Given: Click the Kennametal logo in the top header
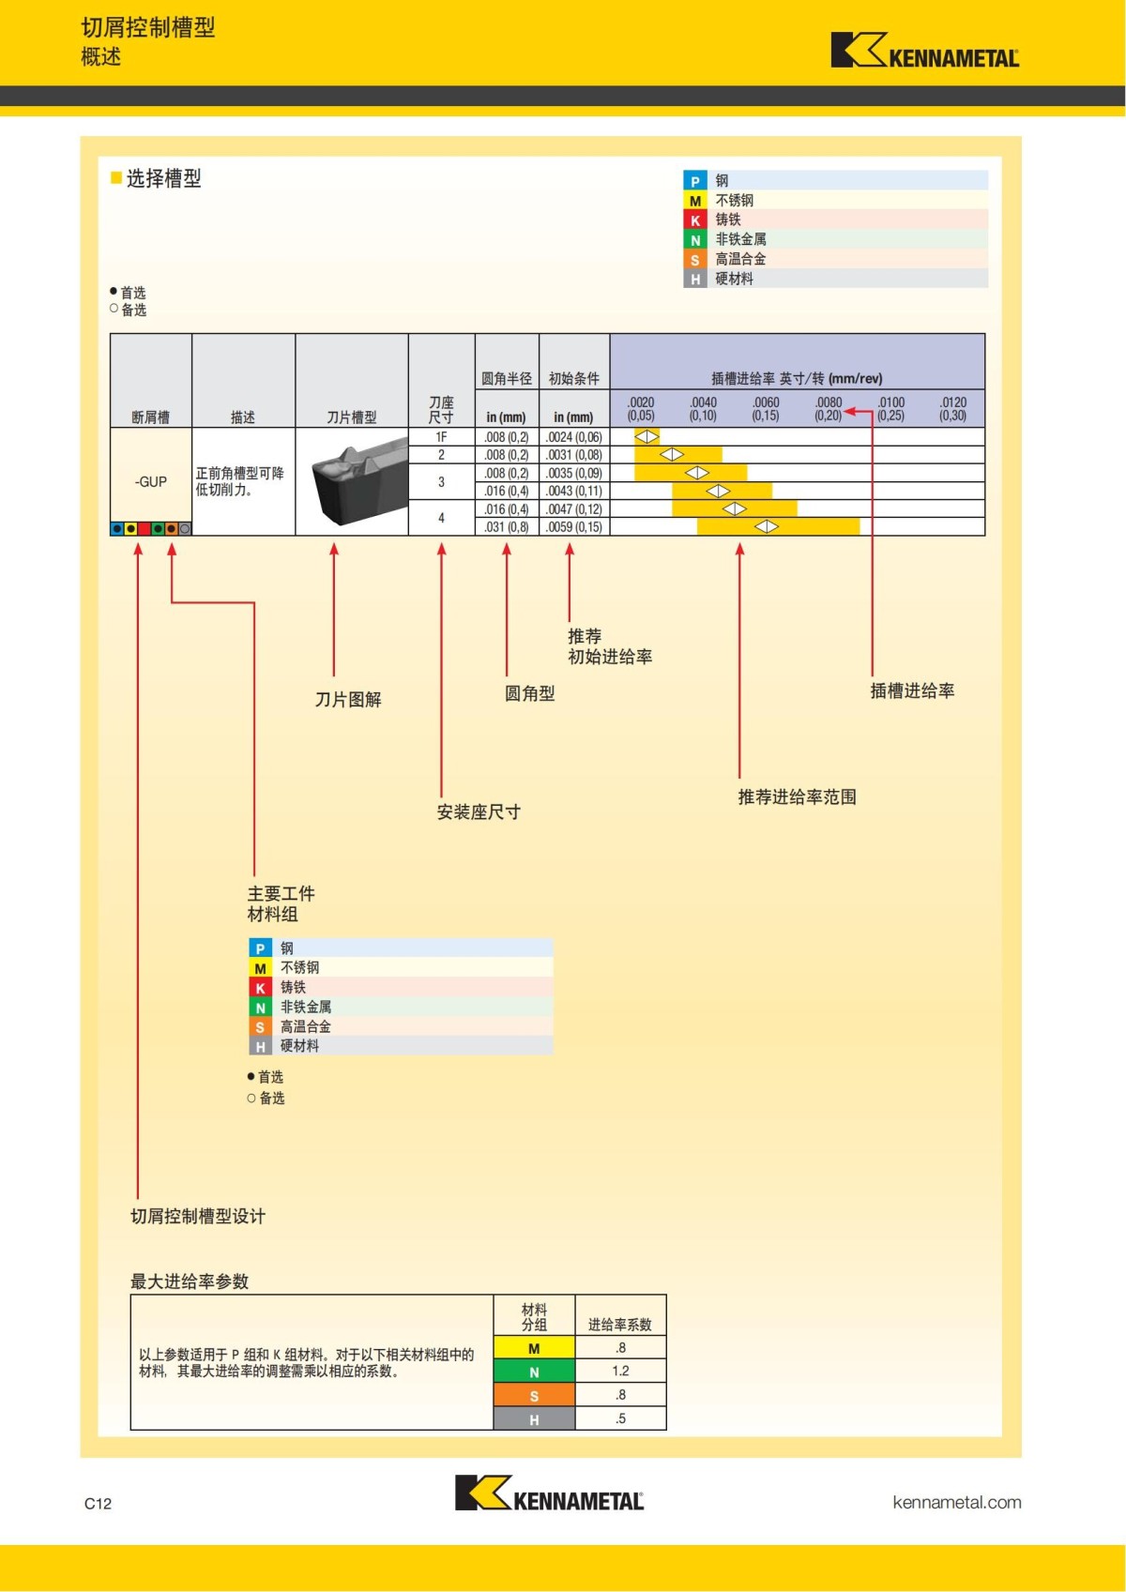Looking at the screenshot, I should pyautogui.click(x=924, y=51).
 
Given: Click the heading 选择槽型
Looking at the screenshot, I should pyautogui.click(x=163, y=178).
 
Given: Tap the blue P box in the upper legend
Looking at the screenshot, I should pyautogui.click(x=694, y=181).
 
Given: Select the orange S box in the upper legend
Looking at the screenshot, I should pyautogui.click(x=694, y=260).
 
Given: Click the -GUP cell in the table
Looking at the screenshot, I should pyautogui.click(x=151, y=481).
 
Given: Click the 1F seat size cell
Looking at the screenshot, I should pyautogui.click(x=441, y=437).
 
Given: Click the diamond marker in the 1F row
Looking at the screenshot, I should pyautogui.click(x=647, y=437).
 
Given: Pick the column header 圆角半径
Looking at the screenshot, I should pyautogui.click(x=507, y=379).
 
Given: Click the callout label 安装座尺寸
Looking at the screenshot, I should pyautogui.click(x=479, y=812).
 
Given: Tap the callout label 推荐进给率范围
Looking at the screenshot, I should pyautogui.click(x=797, y=797).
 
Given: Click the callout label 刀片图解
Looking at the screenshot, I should pyautogui.click(x=348, y=700).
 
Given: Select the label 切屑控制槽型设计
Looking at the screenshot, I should pyautogui.click(x=198, y=1217).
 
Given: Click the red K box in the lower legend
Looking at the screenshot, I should pyautogui.click(x=260, y=988).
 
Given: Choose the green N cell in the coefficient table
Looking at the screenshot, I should pyautogui.click(x=534, y=1372).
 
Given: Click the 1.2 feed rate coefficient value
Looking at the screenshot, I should pyautogui.click(x=620, y=1372).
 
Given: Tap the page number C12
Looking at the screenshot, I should pyautogui.click(x=98, y=1504).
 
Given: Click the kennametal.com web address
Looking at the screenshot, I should pyautogui.click(x=956, y=1502).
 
